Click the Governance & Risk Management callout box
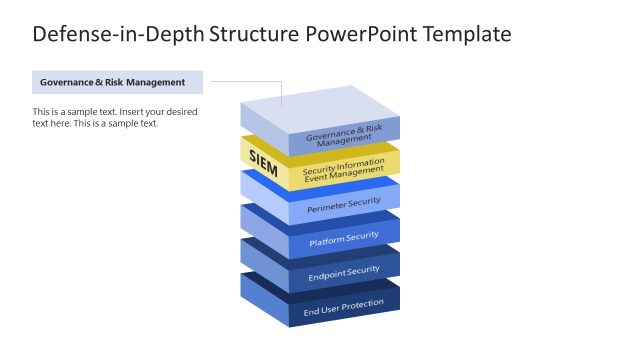tap(117, 82)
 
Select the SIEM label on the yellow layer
tap(263, 163)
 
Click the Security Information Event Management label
tap(344, 170)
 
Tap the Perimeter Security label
tap(344, 202)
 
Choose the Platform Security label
tap(344, 236)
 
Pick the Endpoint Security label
tap(344, 271)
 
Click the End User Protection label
tap(344, 305)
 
